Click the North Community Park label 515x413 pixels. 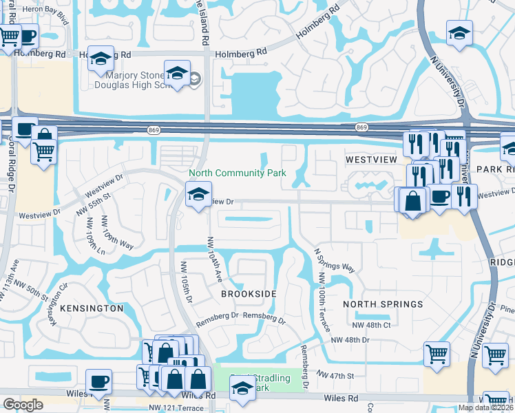[238, 173]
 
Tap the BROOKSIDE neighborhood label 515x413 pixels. [249, 294]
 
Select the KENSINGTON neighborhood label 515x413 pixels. [92, 308]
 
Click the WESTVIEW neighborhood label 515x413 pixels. [372, 160]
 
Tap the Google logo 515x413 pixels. [23, 405]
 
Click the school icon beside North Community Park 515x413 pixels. [198, 195]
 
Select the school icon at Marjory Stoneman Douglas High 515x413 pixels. [177, 73]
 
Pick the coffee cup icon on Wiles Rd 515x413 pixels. [98, 382]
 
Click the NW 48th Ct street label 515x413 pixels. [371, 325]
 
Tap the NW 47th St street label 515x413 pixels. [335, 376]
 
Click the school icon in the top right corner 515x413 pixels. [459, 33]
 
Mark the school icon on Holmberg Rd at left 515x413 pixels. [101, 59]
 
